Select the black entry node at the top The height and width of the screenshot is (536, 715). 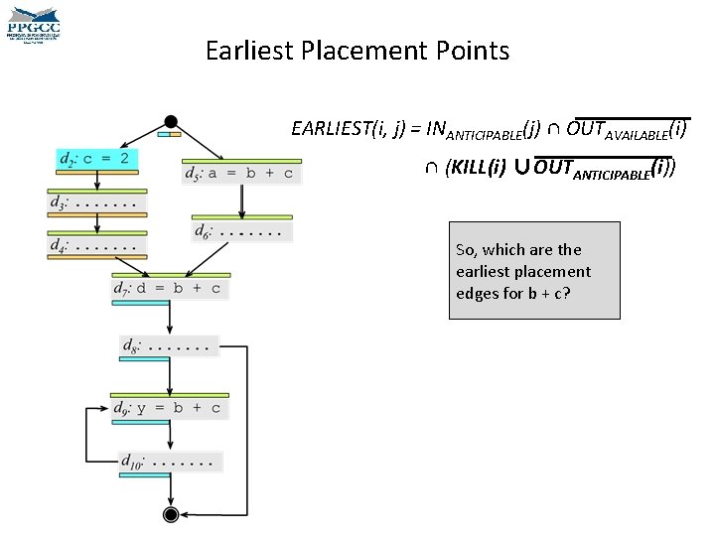pos(171,121)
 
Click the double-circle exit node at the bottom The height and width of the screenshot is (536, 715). pos(171,513)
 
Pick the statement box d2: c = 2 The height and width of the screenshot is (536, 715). pos(97,159)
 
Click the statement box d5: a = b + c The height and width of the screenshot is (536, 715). pos(241,174)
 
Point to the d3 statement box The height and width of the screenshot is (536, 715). pos(97,203)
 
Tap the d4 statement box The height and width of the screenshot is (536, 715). pos(97,244)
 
